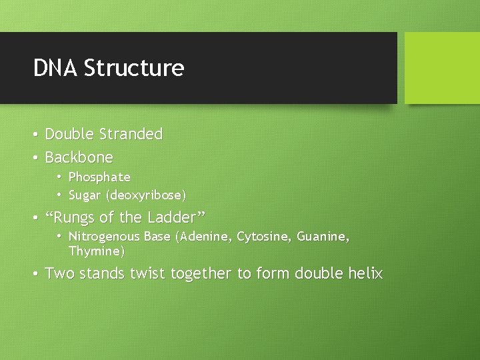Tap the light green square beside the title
click(442, 68)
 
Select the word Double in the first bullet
click(69, 134)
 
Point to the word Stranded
click(131, 134)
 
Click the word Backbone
click(79, 158)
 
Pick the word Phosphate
click(99, 177)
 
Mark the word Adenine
click(203, 237)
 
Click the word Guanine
click(323, 237)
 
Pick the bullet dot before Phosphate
click(59, 177)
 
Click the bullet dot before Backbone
click(35, 158)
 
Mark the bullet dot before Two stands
click(35, 273)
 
